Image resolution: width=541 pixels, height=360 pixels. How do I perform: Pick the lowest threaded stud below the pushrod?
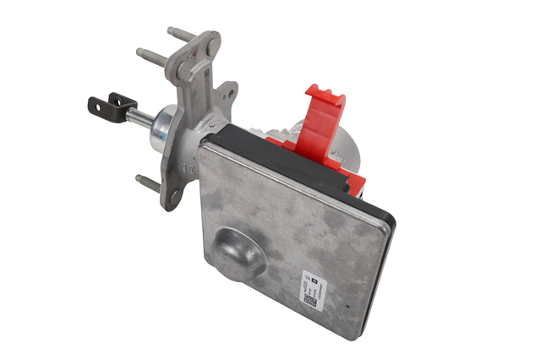(145, 181)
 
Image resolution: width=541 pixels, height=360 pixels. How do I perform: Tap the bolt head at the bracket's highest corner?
(212, 41)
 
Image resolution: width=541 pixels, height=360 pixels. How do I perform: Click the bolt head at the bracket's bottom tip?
(172, 199)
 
